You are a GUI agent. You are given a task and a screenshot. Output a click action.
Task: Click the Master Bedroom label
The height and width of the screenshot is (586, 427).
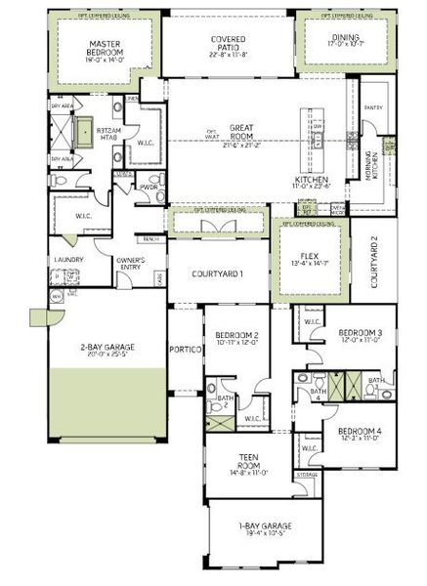tap(104, 49)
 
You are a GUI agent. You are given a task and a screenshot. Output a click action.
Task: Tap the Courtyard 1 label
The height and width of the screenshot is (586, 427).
tap(217, 274)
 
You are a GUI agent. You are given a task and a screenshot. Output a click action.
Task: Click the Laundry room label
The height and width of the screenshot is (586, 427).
tap(68, 260)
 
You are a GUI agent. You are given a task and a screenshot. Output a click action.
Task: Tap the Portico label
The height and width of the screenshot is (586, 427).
tap(184, 349)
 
